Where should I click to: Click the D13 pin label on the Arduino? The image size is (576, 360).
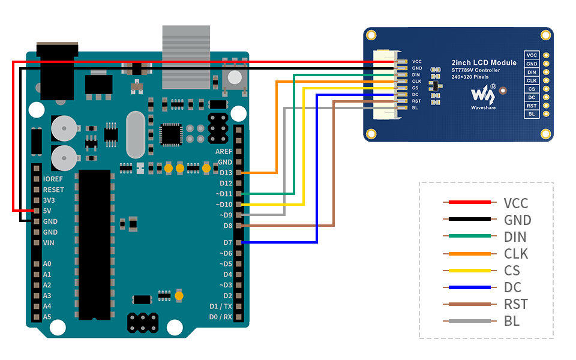click(x=225, y=173)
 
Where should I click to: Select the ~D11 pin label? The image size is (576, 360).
click(x=224, y=194)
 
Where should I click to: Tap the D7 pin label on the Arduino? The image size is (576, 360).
click(x=227, y=242)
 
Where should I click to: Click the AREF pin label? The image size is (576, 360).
click(x=223, y=151)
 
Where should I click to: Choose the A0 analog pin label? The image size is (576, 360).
click(x=47, y=264)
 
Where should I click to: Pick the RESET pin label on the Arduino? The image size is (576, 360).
click(x=53, y=190)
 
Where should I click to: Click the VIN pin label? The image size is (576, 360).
click(x=49, y=243)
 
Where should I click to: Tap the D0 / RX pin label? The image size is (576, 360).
click(x=220, y=316)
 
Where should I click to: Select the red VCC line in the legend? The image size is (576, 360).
click(x=467, y=203)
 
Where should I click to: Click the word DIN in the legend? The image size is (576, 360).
click(x=515, y=237)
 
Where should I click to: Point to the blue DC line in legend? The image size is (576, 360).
click(x=467, y=287)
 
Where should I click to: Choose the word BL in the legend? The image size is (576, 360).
click(x=512, y=321)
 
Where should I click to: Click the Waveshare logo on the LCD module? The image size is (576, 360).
click(x=483, y=95)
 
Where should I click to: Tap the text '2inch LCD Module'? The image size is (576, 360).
click(x=484, y=62)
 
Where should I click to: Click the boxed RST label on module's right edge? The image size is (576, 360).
click(x=532, y=106)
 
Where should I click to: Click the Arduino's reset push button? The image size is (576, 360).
click(x=235, y=77)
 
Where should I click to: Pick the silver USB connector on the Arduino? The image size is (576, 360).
click(x=186, y=57)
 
